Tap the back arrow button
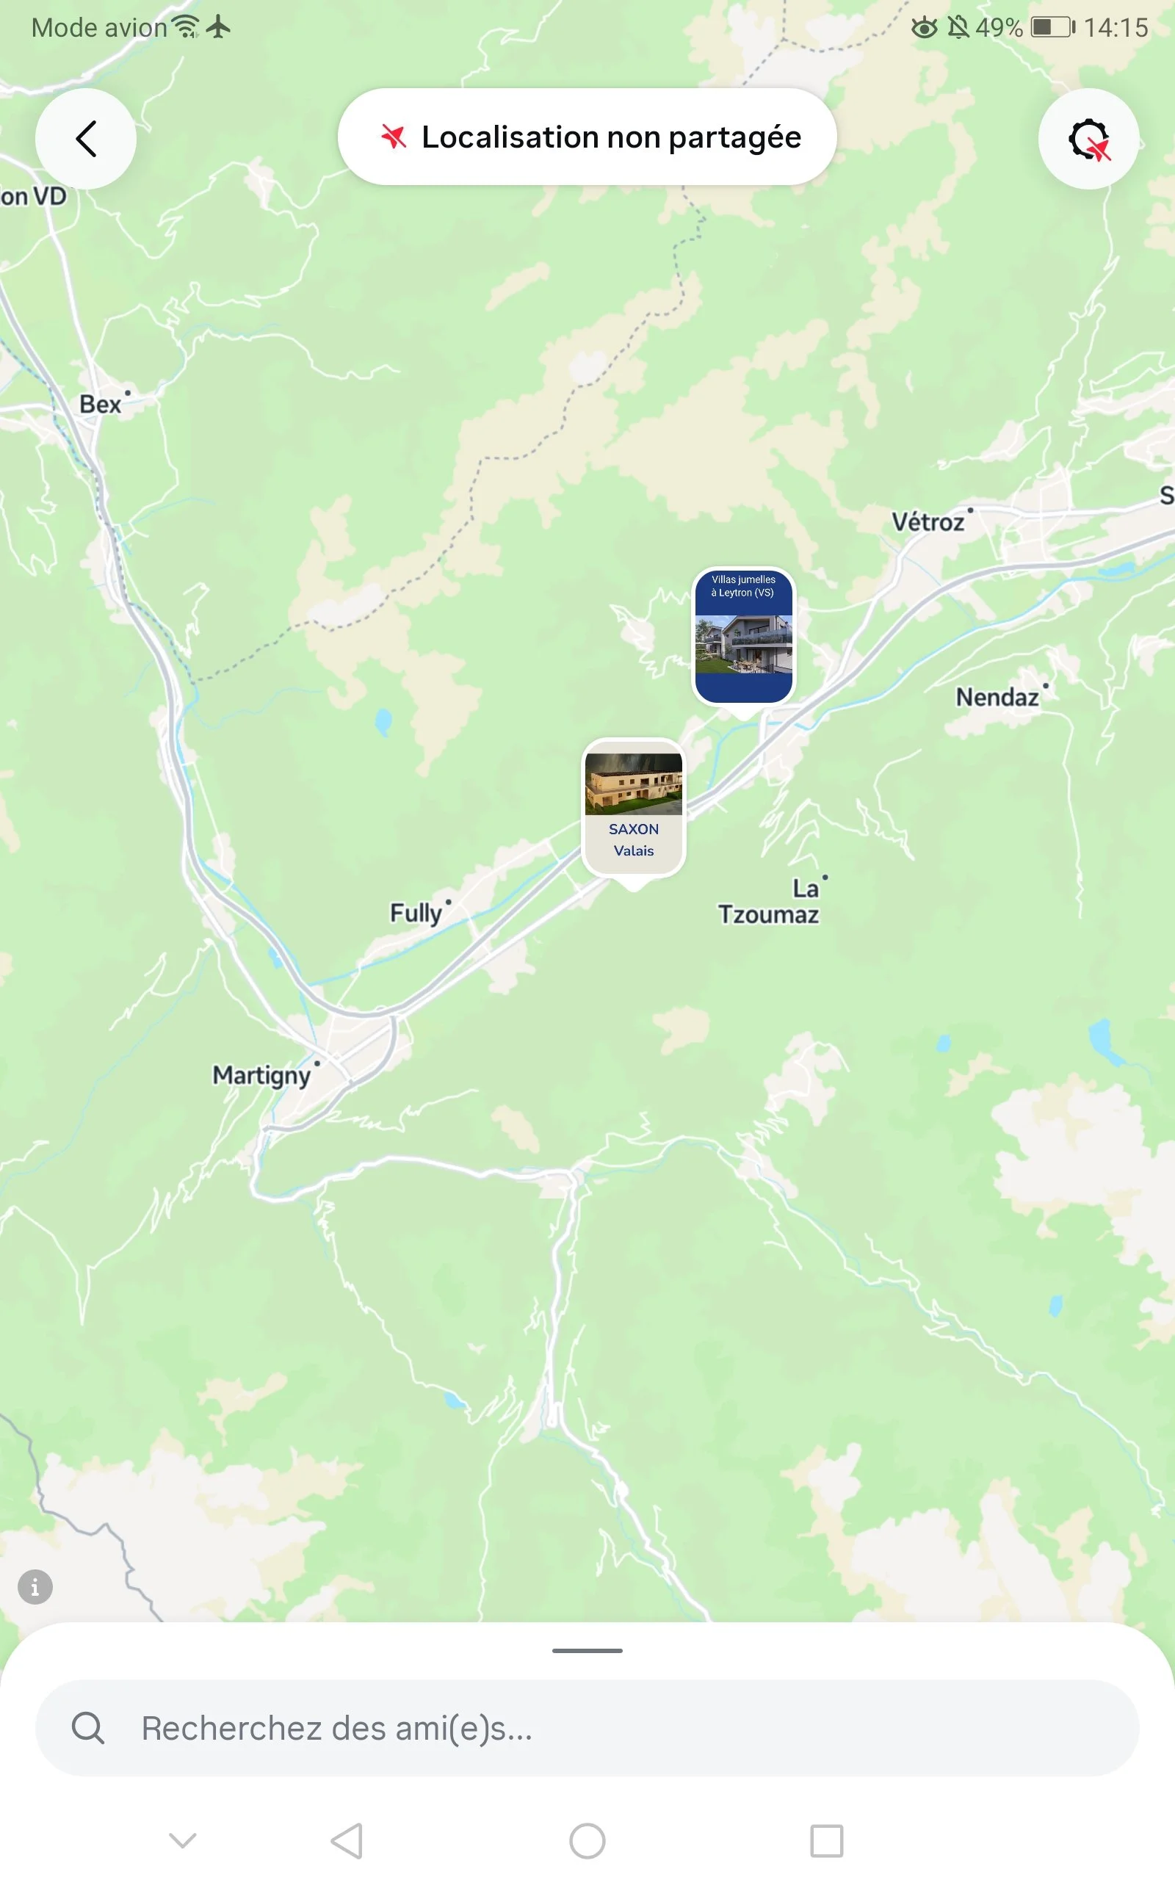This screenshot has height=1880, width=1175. tap(85, 139)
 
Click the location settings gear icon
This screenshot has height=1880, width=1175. tap(1088, 140)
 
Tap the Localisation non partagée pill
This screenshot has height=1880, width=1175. tap(587, 137)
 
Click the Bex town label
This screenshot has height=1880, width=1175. tap(101, 404)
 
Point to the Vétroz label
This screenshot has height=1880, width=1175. tap(928, 522)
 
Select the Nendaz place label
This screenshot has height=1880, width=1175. tap(997, 697)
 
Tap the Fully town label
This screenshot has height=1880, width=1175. tap(416, 912)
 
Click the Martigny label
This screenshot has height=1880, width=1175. tap(262, 1075)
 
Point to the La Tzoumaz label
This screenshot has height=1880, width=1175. tap(769, 902)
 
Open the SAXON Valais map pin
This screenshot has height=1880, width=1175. tap(633, 808)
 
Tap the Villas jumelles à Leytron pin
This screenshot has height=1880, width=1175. tap(744, 636)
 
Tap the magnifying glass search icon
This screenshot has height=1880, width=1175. tap(88, 1729)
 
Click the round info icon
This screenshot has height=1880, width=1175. tap(35, 1586)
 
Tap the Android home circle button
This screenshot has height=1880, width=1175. tap(587, 1840)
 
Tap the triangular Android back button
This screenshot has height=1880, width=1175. tap(347, 1840)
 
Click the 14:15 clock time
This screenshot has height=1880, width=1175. tap(1116, 28)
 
